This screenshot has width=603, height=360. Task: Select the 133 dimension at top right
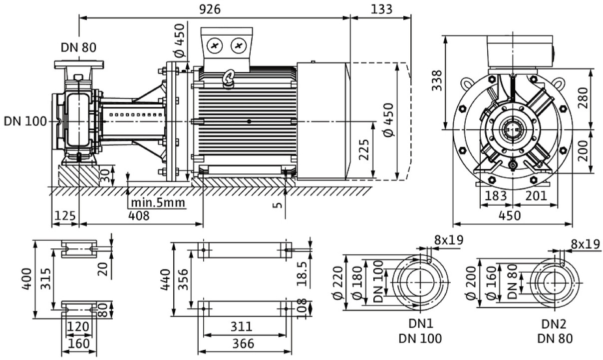click(382, 9)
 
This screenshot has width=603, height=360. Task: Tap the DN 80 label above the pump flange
click(78, 47)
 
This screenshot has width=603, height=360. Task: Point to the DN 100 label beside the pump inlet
click(25, 121)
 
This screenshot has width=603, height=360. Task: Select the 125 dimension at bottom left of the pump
click(64, 215)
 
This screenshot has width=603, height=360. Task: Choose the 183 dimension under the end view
click(495, 195)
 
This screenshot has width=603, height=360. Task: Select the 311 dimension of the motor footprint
click(242, 327)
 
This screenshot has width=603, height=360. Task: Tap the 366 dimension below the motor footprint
click(242, 344)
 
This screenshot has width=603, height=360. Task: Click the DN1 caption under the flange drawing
click(420, 324)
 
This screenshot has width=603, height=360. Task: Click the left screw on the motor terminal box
click(216, 46)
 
